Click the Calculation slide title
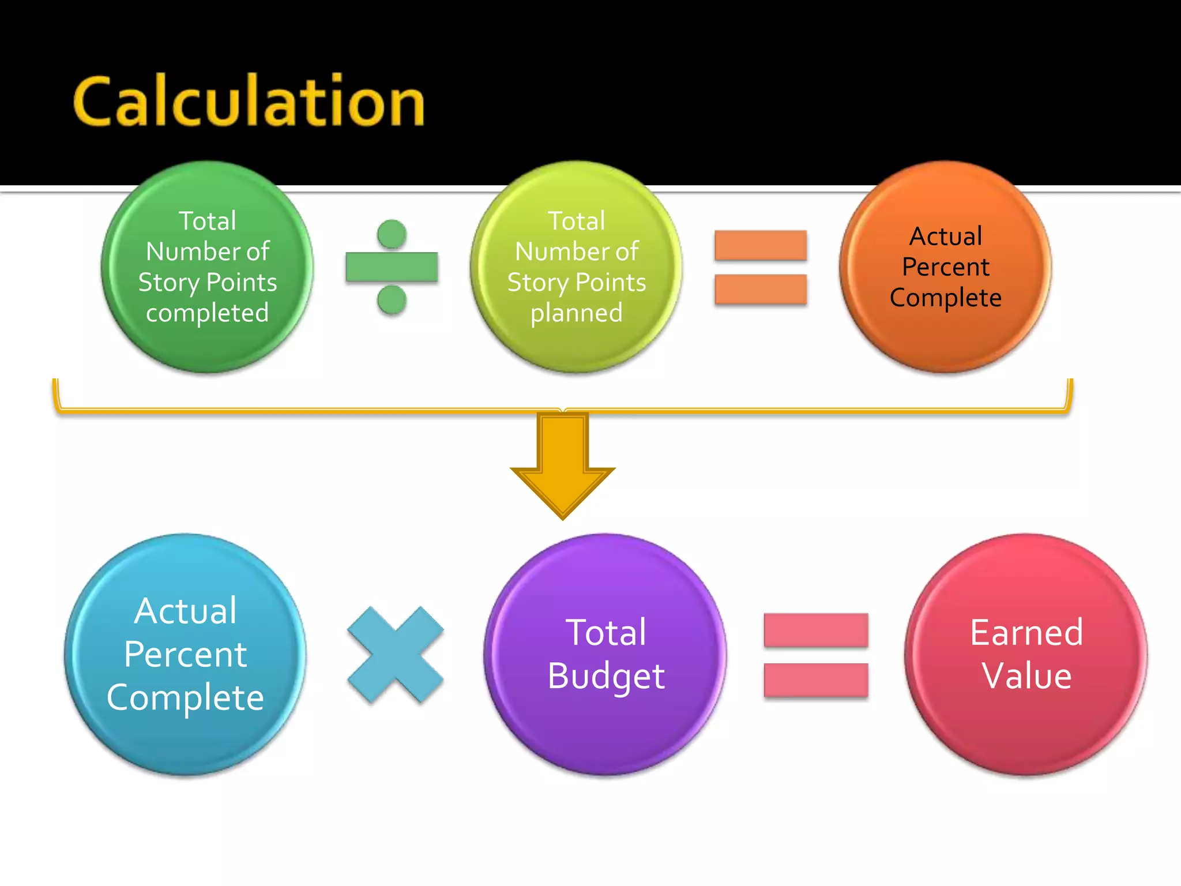tap(249, 103)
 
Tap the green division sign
tap(392, 267)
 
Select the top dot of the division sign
tap(392, 234)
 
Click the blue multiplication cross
tap(396, 655)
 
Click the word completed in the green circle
tap(208, 313)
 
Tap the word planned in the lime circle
tap(577, 313)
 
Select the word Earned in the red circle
tap(1026, 633)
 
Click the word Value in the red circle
tap(1026, 676)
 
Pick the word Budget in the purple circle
tap(606, 676)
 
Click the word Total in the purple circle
tap(606, 633)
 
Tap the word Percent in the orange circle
tap(946, 267)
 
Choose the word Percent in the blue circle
tap(185, 655)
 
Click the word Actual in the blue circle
tap(185, 611)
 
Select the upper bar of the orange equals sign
tap(761, 245)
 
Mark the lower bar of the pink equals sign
tap(816, 680)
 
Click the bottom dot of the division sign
tap(392, 300)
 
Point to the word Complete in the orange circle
tap(946, 298)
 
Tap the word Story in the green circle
tap(168, 283)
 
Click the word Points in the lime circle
tap(611, 283)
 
